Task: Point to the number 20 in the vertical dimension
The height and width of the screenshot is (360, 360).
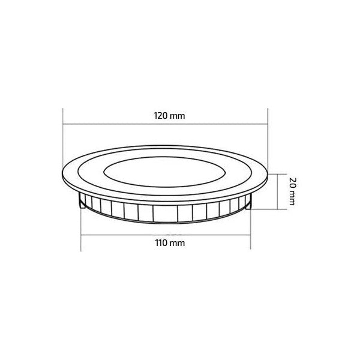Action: pos(292,182)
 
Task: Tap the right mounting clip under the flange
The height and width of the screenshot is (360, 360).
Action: pos(249,205)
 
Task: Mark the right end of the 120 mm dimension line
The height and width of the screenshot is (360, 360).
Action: pos(267,124)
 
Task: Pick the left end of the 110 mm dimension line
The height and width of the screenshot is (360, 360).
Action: pos(81,235)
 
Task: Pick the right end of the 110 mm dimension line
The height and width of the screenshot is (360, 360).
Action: pos(249,235)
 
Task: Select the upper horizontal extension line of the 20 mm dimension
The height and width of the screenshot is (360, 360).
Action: pos(274,173)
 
